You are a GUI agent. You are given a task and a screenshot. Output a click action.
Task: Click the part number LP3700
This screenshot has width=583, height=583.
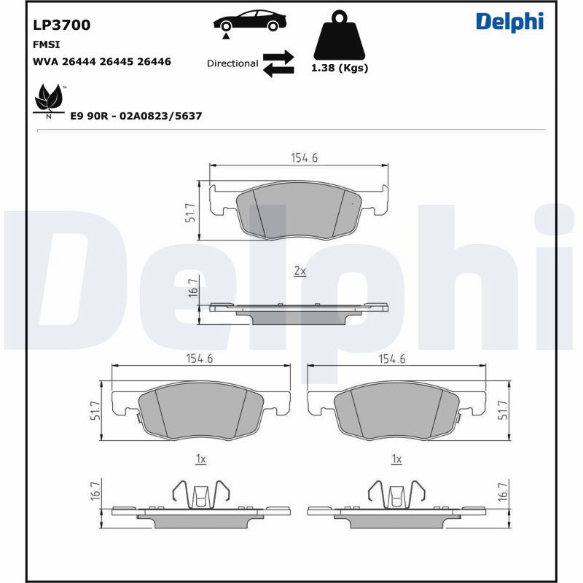(x=62, y=25)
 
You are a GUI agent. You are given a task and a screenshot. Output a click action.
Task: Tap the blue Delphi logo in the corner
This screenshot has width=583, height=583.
(x=509, y=22)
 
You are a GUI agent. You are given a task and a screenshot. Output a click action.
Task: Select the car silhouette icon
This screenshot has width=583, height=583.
(x=250, y=21)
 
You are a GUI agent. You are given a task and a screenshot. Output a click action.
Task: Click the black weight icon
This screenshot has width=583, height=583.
(x=339, y=35)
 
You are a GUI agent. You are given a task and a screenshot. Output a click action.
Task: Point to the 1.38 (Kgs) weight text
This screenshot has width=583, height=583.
(x=340, y=68)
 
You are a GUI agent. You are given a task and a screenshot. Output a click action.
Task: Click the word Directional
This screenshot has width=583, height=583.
(x=232, y=63)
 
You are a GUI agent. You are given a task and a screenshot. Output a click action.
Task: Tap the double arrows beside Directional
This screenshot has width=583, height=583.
(x=278, y=63)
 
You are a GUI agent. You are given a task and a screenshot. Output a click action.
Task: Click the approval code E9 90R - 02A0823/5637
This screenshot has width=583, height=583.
(x=136, y=116)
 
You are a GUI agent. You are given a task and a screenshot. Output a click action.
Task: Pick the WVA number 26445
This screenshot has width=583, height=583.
(x=117, y=61)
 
